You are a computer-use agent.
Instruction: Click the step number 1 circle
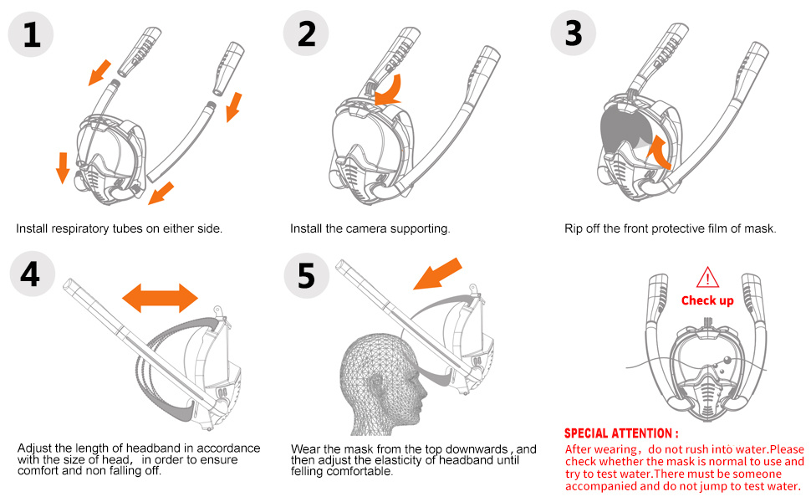click(31, 34)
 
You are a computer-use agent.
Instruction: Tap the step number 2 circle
click(307, 34)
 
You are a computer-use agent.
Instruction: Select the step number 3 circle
click(573, 34)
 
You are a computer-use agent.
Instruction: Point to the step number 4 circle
click(31, 274)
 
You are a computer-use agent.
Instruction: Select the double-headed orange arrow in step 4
click(160, 295)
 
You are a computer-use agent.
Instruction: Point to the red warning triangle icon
click(707, 277)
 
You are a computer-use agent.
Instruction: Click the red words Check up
click(707, 300)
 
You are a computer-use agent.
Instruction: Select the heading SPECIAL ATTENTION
click(621, 433)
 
